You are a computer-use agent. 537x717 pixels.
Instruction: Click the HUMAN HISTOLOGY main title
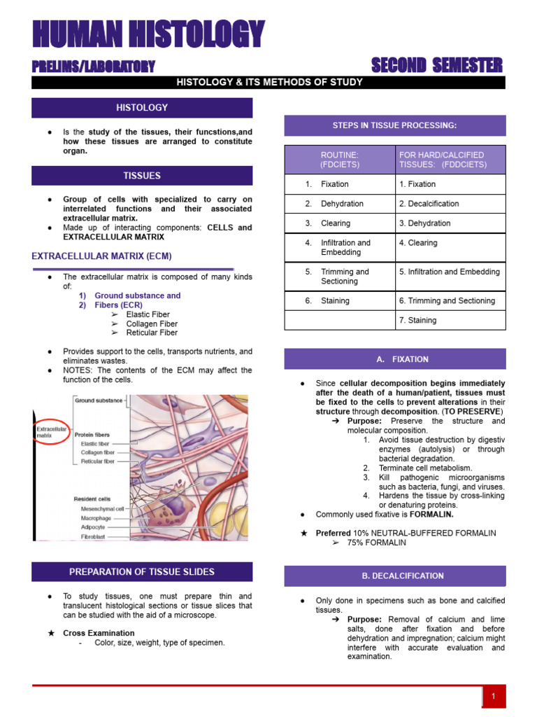[148, 35]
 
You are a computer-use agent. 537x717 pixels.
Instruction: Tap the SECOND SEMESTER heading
[436, 66]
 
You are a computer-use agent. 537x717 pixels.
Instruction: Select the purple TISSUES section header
[142, 176]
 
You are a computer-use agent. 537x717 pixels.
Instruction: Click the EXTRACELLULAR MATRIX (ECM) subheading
[101, 256]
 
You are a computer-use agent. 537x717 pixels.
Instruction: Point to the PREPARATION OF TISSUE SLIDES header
[142, 572]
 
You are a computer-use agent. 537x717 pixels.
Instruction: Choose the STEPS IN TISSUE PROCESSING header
[394, 125]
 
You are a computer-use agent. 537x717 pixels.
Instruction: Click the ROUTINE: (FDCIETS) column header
[340, 160]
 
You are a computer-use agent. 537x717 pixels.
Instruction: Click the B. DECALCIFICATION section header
[394, 576]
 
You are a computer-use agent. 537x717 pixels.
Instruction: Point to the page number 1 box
[494, 697]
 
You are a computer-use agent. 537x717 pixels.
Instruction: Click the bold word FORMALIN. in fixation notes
[431, 514]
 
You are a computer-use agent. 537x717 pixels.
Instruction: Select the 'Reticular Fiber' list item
[152, 333]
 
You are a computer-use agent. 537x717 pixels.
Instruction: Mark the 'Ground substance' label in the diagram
[99, 401]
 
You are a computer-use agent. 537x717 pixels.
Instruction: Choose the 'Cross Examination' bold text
[89, 633]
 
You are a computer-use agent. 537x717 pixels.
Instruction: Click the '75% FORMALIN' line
[376, 543]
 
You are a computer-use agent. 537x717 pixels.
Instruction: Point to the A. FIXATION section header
[394, 359]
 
